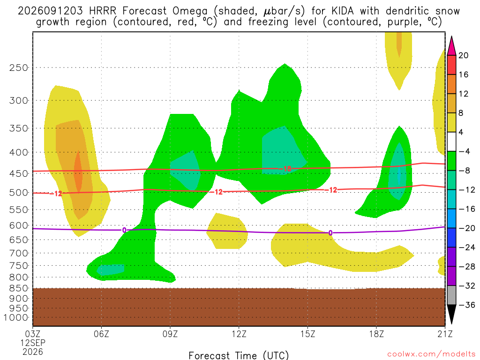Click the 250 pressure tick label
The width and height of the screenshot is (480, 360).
pyautogui.click(x=19, y=67)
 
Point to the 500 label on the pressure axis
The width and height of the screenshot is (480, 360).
pyautogui.click(x=19, y=193)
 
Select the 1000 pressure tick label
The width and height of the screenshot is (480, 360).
pyautogui.click(x=16, y=318)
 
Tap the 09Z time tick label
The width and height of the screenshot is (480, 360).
pyautogui.click(x=170, y=334)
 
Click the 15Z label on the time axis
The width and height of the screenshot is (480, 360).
pyautogui.click(x=307, y=334)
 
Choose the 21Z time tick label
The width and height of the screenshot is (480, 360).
pyautogui.click(x=445, y=334)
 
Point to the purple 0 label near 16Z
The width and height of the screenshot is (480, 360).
pyautogui.click(x=330, y=233)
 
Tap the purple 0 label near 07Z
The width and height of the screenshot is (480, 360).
pyautogui.click(x=124, y=230)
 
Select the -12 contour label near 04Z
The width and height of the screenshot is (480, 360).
pyautogui.click(x=56, y=194)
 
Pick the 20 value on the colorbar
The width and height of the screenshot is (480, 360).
pyautogui.click(x=463, y=55)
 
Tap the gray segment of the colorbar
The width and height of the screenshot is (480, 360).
pyautogui.click(x=451, y=295)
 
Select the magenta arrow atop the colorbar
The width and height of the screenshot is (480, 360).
pyautogui.click(x=451, y=46)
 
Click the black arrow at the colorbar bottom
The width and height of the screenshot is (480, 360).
pyautogui.click(x=451, y=315)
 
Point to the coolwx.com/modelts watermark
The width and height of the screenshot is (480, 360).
pyautogui.click(x=431, y=354)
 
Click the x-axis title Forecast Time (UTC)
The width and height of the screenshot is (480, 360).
pyautogui.click(x=239, y=355)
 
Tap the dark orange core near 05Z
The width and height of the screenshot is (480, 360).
pyautogui.click(x=78, y=172)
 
